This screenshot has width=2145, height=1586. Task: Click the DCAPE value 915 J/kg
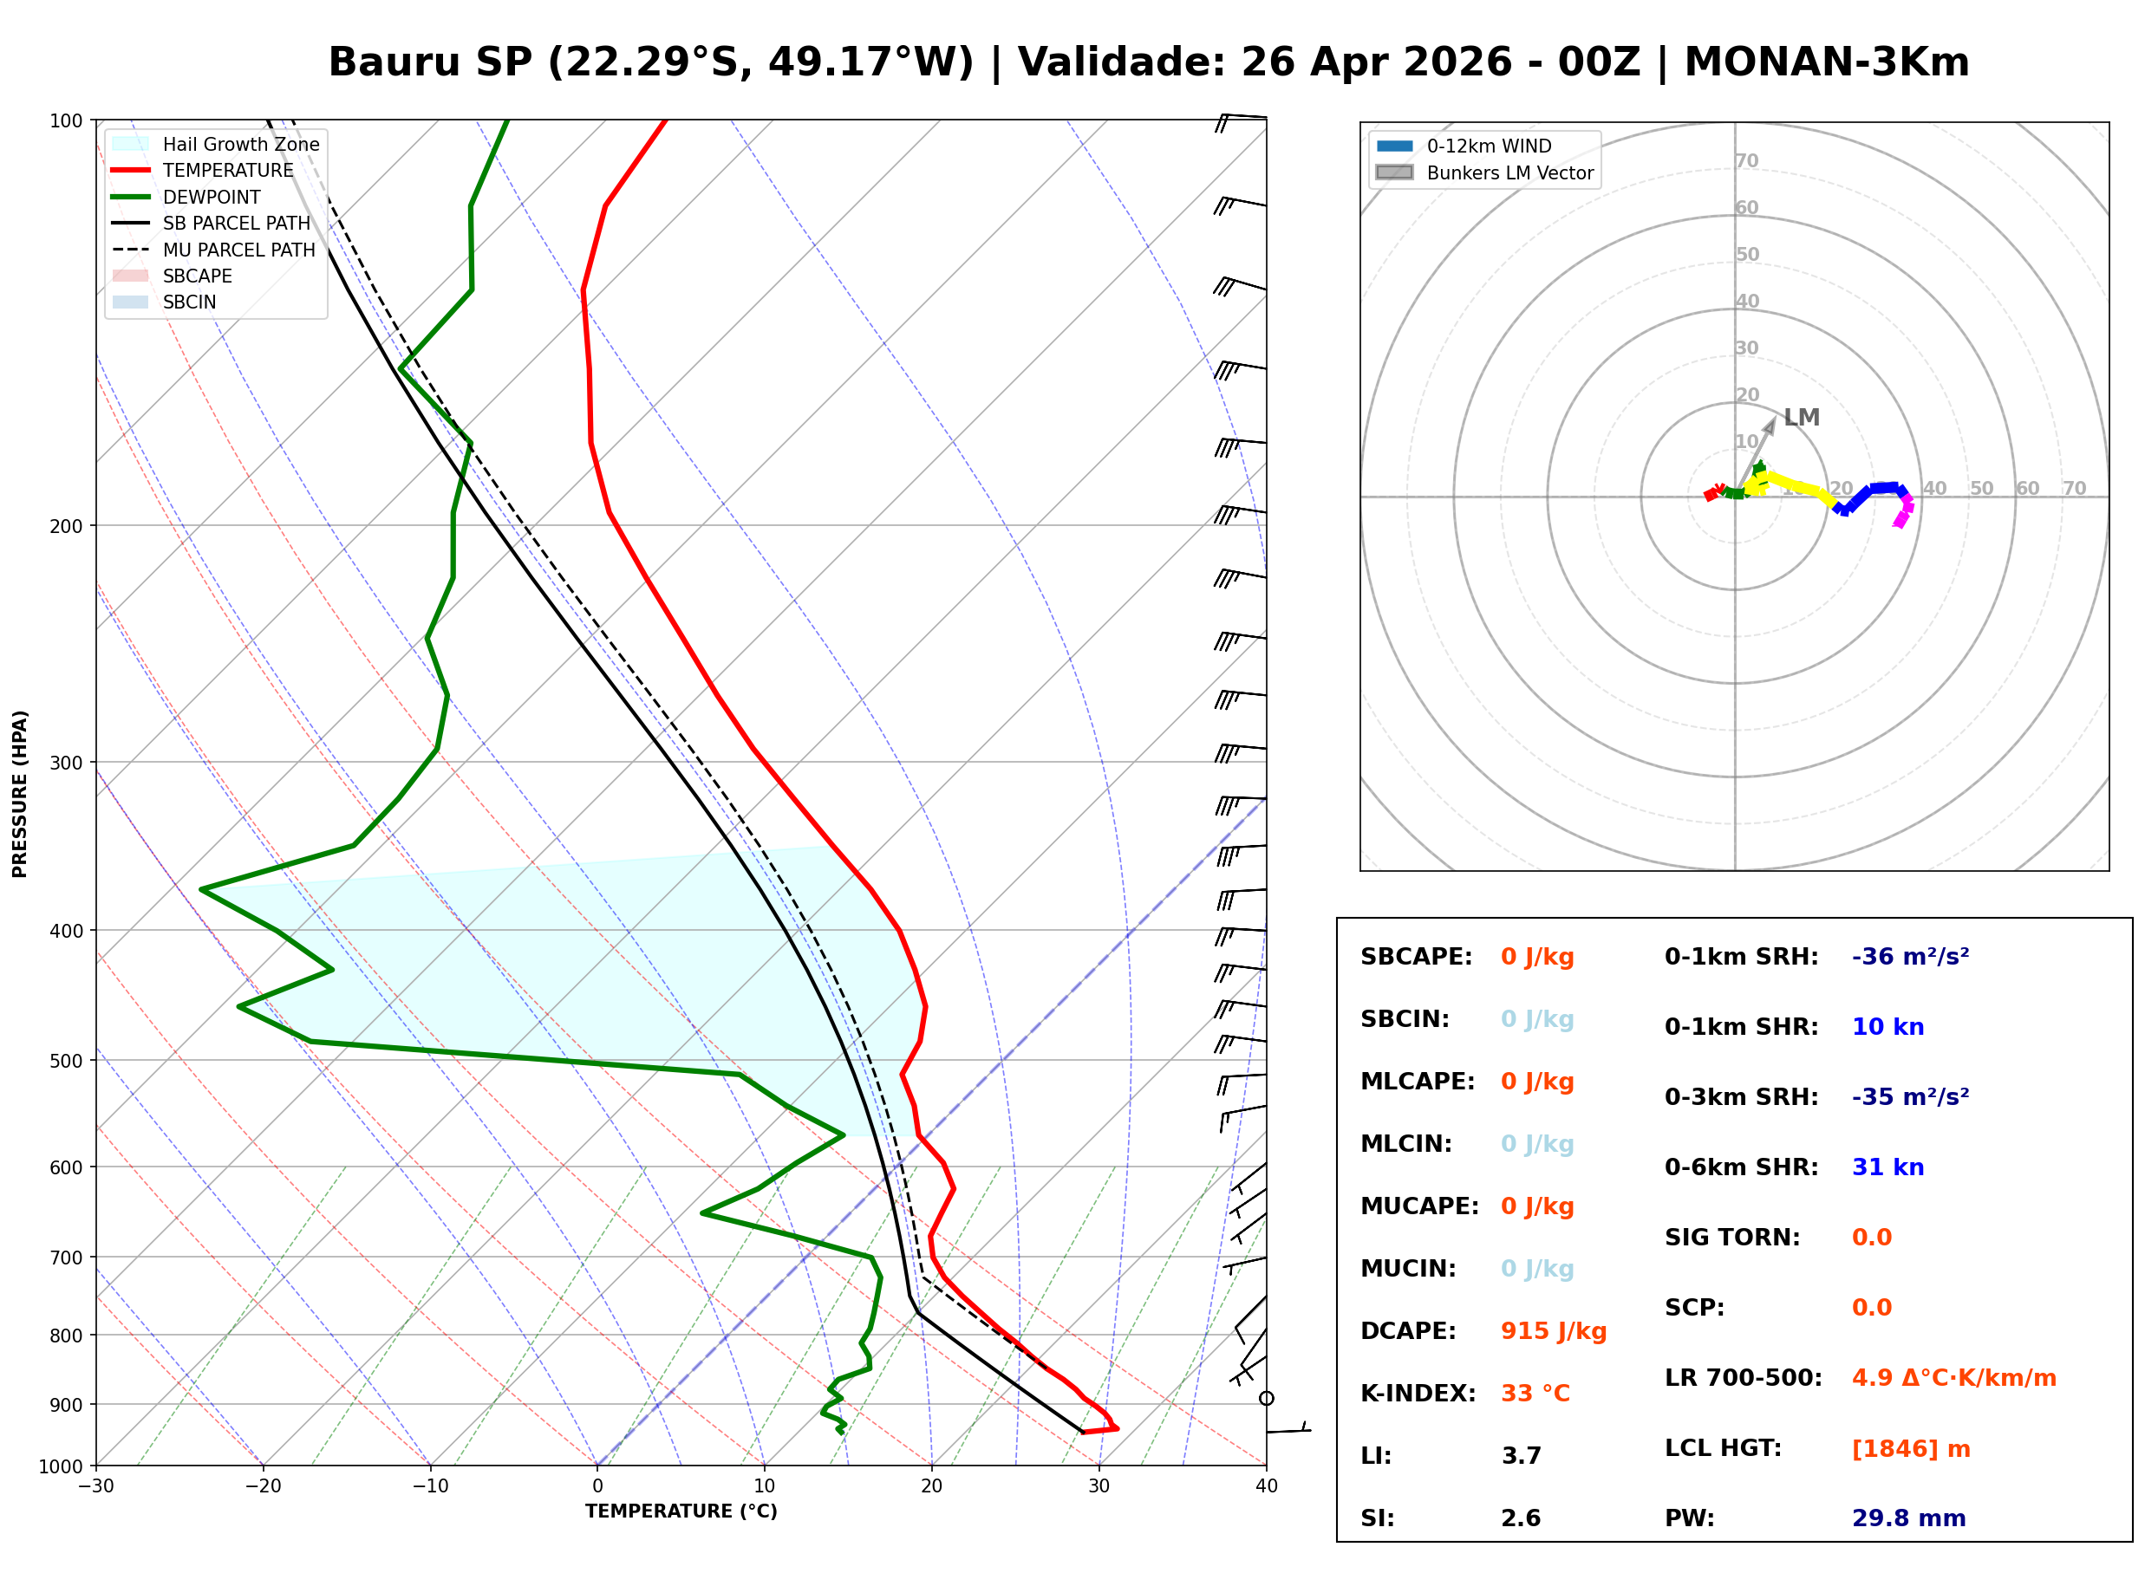click(1553, 1330)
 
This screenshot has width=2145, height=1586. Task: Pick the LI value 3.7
click(1521, 1455)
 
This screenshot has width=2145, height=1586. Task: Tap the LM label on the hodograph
click(1802, 418)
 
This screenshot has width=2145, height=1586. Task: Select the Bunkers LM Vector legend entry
click(1509, 172)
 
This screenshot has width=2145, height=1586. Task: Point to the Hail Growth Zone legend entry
click(240, 144)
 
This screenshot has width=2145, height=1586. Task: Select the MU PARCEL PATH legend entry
click(238, 250)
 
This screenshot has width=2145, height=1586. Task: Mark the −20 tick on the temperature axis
click(262, 1486)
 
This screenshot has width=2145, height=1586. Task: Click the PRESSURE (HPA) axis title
click(20, 794)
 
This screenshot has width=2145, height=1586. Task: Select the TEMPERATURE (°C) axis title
click(681, 1511)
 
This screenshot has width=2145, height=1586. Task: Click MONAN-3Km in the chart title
click(1826, 62)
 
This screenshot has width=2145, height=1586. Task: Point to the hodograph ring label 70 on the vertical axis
click(1746, 161)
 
